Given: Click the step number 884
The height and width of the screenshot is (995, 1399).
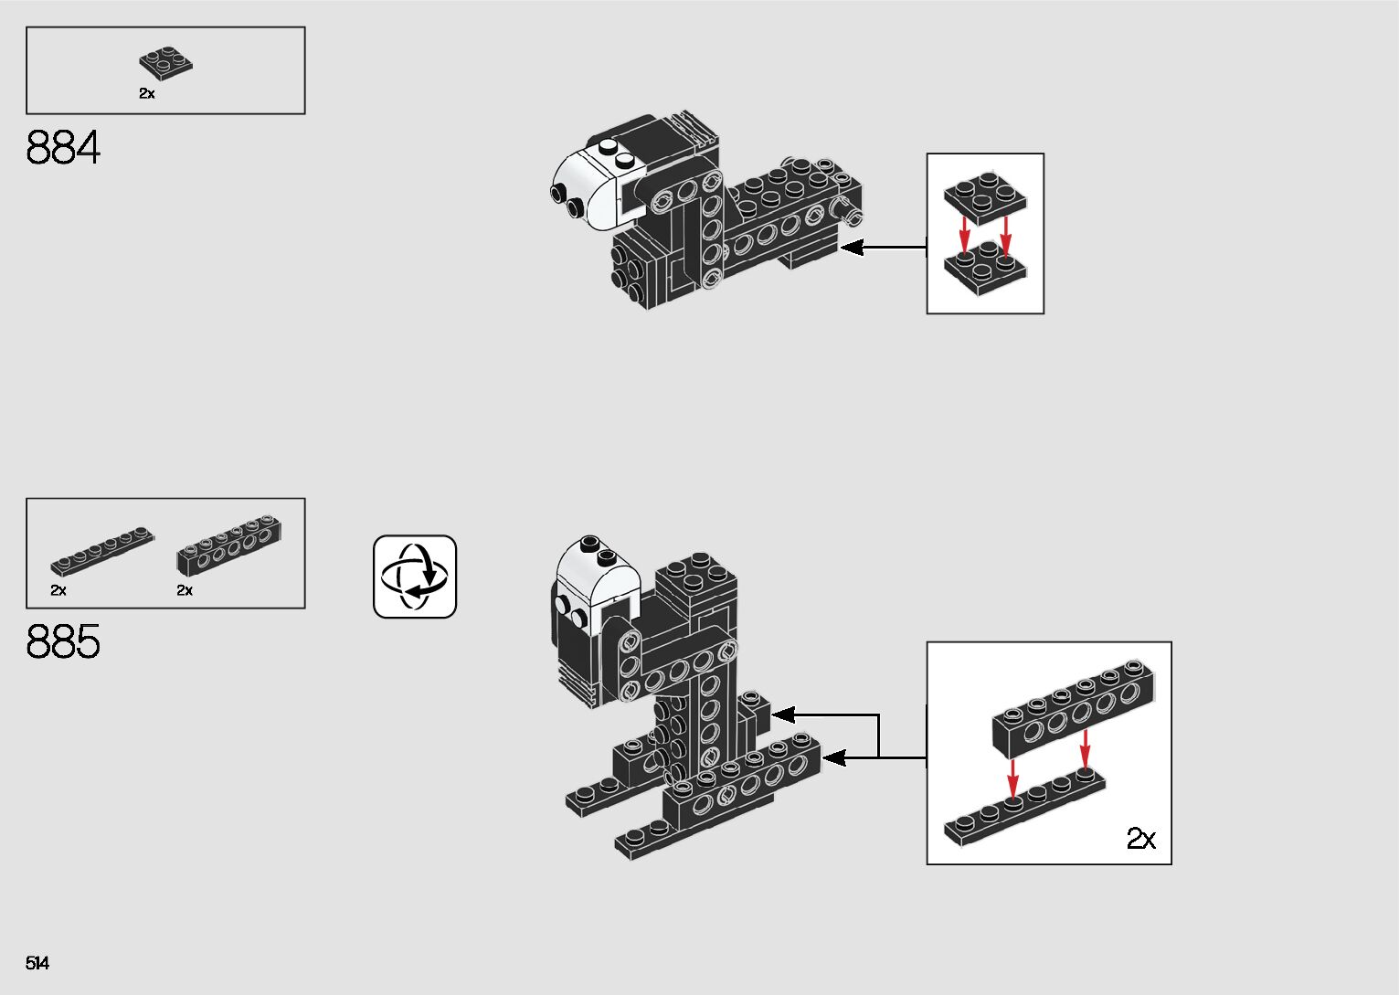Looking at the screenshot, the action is (x=63, y=148).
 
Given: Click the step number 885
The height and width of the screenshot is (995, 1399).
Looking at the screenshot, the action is (x=63, y=642).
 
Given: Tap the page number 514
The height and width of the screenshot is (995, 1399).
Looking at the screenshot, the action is (x=37, y=963).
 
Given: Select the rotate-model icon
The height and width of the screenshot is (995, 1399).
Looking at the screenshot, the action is (x=415, y=577).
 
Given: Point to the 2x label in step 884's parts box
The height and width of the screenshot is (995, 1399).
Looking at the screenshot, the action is (x=147, y=93).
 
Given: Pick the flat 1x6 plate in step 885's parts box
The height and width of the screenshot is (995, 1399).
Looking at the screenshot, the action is (x=102, y=551).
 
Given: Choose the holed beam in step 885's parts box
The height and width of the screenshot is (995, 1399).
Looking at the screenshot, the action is (x=228, y=545).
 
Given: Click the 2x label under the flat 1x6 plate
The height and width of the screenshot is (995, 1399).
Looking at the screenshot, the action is (x=58, y=590).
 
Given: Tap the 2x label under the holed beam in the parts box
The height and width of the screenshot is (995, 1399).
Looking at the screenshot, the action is (x=185, y=590).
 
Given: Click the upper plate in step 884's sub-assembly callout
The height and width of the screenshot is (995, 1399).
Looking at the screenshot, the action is (x=983, y=196).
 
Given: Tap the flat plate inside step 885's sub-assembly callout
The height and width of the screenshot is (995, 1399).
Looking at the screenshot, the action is (x=1023, y=811).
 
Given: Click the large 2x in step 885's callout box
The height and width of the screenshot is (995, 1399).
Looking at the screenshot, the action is (x=1140, y=838).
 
